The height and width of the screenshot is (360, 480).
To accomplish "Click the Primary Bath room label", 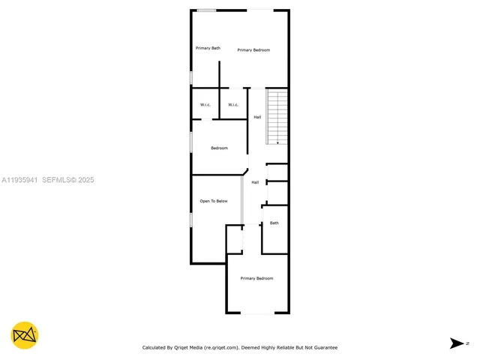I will [208, 48].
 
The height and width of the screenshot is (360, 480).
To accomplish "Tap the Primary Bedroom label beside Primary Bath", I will [253, 50].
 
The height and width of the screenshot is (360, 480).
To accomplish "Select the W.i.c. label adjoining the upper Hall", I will [233, 104].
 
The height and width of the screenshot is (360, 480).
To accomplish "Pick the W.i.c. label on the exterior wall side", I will [205, 104].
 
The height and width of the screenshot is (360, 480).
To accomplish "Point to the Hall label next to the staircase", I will [257, 117].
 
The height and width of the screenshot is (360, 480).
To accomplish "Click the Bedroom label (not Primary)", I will [219, 148].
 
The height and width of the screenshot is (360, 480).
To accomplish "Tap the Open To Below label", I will [213, 201].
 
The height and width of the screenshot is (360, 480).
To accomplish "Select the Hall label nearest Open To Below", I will [255, 182].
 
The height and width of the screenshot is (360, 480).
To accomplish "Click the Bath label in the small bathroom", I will [274, 223].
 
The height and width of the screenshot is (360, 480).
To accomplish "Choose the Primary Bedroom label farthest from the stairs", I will [256, 278].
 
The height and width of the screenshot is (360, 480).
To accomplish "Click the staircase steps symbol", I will [277, 116].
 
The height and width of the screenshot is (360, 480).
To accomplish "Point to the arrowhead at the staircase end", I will [277, 142].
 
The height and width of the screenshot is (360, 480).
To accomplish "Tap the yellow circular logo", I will [25, 335].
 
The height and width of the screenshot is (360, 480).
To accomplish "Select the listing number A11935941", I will [20, 180].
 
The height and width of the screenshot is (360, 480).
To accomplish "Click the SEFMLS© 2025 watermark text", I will [68, 180].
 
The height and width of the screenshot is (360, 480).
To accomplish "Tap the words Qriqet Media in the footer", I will [190, 347].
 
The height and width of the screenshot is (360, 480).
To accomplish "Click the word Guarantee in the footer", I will [324, 347].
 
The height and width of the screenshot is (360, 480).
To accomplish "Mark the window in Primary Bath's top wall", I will [207, 10].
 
